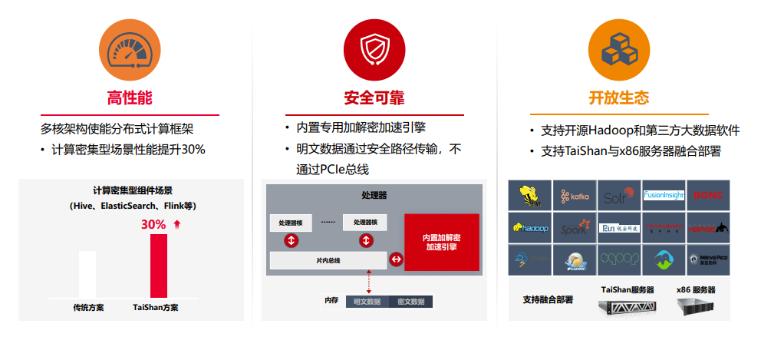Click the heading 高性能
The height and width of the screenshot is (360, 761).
pyautogui.click(x=129, y=98)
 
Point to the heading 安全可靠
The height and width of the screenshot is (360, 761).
pyautogui.click(x=374, y=98)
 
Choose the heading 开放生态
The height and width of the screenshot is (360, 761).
pyautogui.click(x=618, y=98)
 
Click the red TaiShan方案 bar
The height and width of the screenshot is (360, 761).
pyautogui.click(x=158, y=266)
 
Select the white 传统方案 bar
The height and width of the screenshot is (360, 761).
pyautogui.click(x=87, y=274)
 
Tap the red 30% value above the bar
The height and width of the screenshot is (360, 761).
pyautogui.click(x=153, y=225)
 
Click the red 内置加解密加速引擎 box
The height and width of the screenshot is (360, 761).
pyautogui.click(x=441, y=243)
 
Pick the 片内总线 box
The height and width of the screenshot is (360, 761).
pyautogui.click(x=328, y=260)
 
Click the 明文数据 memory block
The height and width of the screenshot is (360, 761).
pyautogui.click(x=367, y=302)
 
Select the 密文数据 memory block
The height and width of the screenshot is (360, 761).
pyautogui.click(x=411, y=302)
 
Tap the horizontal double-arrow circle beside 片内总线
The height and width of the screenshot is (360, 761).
pyautogui.click(x=396, y=260)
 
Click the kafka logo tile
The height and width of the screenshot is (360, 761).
pyautogui.click(x=575, y=196)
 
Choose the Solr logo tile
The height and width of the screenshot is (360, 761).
pyautogui.click(x=619, y=196)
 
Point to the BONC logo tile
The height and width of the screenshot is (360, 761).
pyautogui.click(x=708, y=196)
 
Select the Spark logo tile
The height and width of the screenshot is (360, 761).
pyautogui.click(x=575, y=228)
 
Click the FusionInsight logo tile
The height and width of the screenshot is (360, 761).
pyautogui.click(x=664, y=196)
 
